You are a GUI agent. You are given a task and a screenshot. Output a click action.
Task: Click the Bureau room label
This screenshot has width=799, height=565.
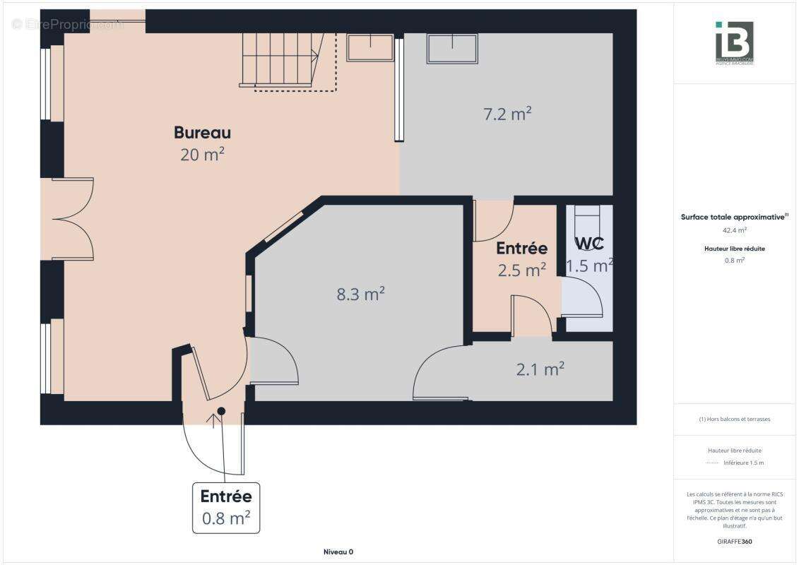click(202, 133)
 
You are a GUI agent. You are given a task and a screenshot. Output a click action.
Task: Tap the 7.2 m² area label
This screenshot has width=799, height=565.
click(507, 114)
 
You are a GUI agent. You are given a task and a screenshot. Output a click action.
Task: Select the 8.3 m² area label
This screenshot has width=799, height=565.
click(360, 294)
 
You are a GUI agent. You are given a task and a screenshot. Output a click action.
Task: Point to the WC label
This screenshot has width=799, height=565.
click(589, 244)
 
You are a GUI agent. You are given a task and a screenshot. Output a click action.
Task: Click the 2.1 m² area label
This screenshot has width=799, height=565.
click(540, 369)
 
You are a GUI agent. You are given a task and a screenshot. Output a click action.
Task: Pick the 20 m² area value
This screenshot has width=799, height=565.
click(202, 155)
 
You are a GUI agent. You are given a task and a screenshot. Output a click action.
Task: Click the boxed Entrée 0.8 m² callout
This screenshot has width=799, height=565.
click(226, 507)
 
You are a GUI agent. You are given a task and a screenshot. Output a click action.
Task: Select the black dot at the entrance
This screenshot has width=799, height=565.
click(221, 411)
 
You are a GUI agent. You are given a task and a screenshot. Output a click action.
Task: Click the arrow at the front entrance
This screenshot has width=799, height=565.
click(214, 421)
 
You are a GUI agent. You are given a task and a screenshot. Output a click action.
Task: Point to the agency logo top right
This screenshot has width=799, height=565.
click(734, 43)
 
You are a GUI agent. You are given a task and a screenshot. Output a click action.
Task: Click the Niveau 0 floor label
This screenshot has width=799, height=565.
click(338, 552)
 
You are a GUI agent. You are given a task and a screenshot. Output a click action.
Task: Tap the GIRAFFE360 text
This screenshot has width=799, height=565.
click(735, 542)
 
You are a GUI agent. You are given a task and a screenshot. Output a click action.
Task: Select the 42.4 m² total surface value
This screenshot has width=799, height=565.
click(735, 230)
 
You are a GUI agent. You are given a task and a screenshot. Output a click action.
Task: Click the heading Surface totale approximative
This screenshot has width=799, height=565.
click(733, 218)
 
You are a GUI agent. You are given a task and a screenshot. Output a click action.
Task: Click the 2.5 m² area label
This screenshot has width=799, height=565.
click(521, 270)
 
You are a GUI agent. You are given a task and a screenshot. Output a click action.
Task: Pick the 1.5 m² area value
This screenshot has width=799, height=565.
click(588, 266)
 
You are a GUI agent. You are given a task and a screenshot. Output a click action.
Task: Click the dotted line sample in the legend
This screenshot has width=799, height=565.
click(712, 463)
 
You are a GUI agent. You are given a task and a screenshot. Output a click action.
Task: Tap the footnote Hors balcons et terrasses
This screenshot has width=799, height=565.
click(735, 419)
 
